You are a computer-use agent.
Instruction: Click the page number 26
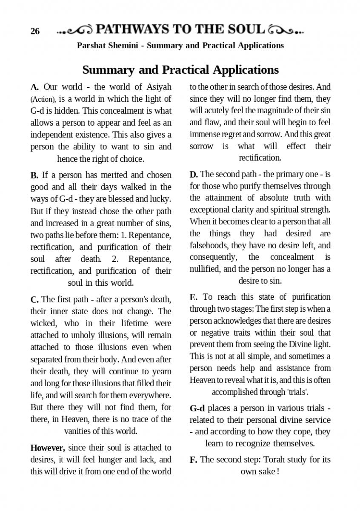click(x=35, y=31)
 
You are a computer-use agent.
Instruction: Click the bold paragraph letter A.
click(x=35, y=87)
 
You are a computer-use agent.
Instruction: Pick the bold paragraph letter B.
click(x=34, y=175)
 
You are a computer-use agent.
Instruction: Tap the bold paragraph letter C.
click(x=34, y=299)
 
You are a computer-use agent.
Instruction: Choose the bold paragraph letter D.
click(x=194, y=174)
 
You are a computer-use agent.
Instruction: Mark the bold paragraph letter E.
click(x=194, y=297)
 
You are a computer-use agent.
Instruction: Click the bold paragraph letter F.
click(x=193, y=460)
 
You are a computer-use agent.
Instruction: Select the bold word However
click(x=48, y=448)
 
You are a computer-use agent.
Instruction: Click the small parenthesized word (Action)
click(x=43, y=99)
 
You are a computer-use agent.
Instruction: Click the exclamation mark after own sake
click(x=278, y=472)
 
